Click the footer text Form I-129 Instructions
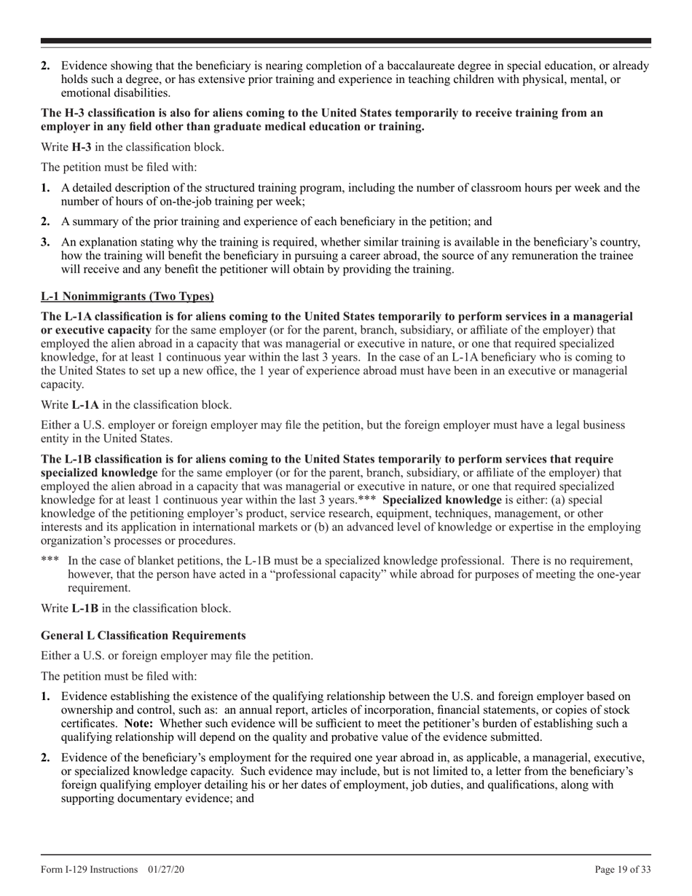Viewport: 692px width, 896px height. (x=89, y=869)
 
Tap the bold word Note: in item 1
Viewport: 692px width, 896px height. (x=138, y=723)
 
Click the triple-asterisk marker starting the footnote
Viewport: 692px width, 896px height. (x=50, y=561)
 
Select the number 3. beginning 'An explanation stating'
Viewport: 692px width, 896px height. (x=46, y=242)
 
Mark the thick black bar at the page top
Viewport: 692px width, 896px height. (x=346, y=41)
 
